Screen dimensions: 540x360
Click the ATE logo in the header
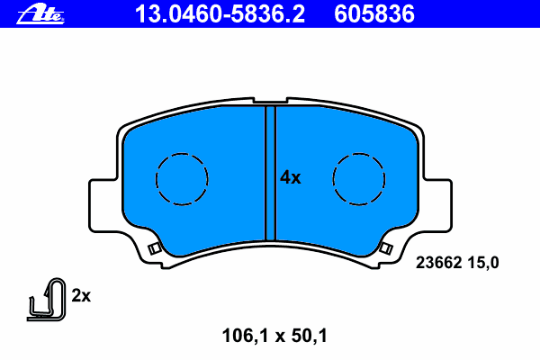coord(40,14)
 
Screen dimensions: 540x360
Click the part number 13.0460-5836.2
coord(220,14)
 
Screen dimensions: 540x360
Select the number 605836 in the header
coord(374,14)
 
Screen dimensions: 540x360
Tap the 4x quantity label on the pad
coord(291,178)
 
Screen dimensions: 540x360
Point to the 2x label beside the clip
coord(81,295)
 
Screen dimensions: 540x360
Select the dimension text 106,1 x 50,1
coord(274,336)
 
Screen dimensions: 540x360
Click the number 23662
coord(438,263)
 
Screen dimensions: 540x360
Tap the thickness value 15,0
coord(482,263)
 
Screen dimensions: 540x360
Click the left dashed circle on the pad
coord(156,179)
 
